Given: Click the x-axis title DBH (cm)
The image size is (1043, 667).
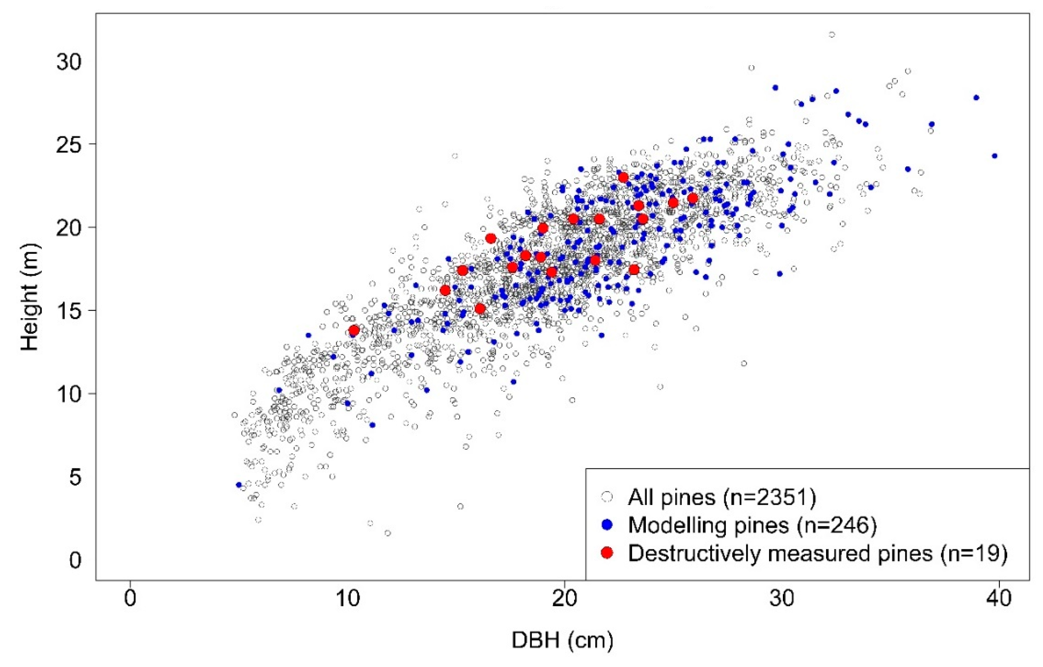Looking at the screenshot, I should [x=562, y=640].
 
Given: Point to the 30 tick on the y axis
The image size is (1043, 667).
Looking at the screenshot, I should [x=69, y=62].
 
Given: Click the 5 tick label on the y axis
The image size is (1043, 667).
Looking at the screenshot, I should [x=75, y=477].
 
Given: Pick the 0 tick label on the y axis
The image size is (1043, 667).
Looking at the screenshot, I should [x=75, y=560].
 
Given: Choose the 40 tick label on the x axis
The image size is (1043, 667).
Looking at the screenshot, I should [x=998, y=599].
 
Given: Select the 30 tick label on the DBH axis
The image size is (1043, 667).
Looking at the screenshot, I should [x=782, y=599].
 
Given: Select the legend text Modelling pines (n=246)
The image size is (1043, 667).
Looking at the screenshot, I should [x=752, y=525].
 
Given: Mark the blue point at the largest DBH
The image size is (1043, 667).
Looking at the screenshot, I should [x=994, y=156].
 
